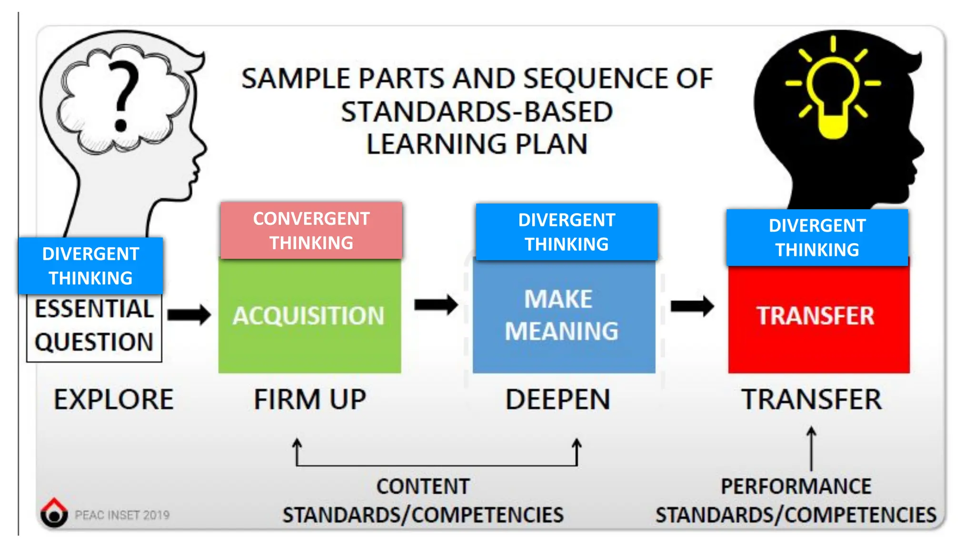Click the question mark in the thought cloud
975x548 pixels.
123,95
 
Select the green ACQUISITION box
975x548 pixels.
309,316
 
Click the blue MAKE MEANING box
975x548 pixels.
564,316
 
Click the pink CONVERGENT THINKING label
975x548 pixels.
311,231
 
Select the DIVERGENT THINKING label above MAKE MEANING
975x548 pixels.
567,232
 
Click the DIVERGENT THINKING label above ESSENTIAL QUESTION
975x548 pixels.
90,265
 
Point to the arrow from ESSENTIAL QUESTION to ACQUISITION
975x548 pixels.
189,314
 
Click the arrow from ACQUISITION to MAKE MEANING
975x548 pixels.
436,305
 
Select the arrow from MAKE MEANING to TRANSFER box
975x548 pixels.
692,306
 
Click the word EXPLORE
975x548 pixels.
113,400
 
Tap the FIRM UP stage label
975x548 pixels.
310,400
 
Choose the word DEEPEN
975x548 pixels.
557,400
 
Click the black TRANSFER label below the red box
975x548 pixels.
812,400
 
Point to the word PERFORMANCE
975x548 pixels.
796,487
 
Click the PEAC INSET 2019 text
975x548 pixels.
122,515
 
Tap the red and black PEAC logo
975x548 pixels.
54,513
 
